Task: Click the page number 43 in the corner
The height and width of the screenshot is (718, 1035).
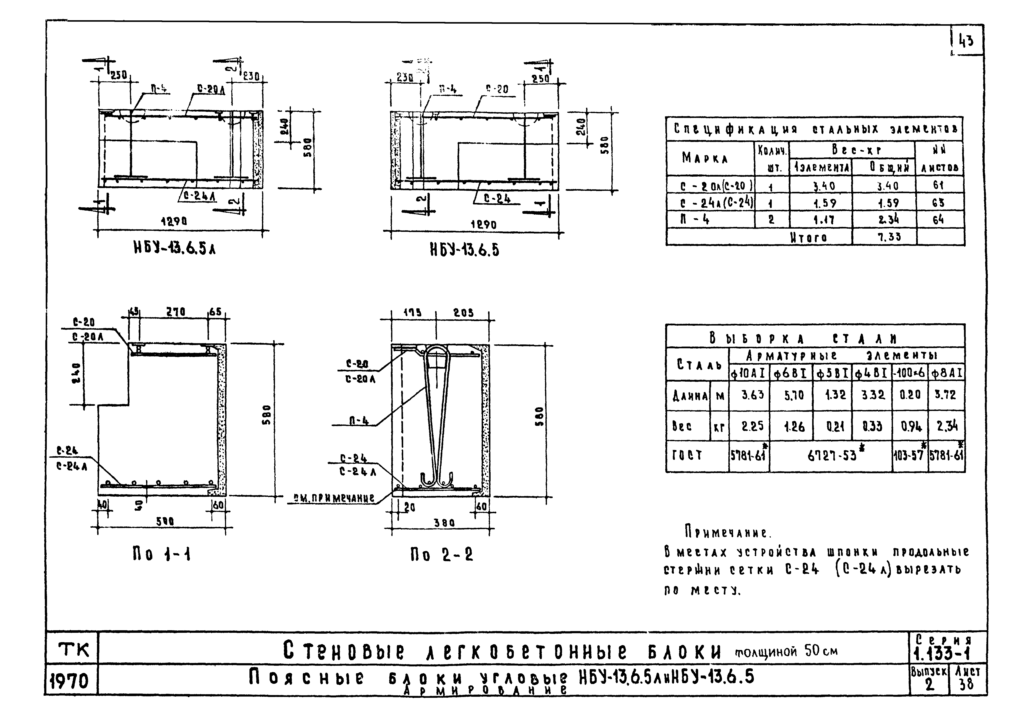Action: (966, 41)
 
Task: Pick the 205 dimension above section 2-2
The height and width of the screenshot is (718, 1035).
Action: (463, 313)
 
